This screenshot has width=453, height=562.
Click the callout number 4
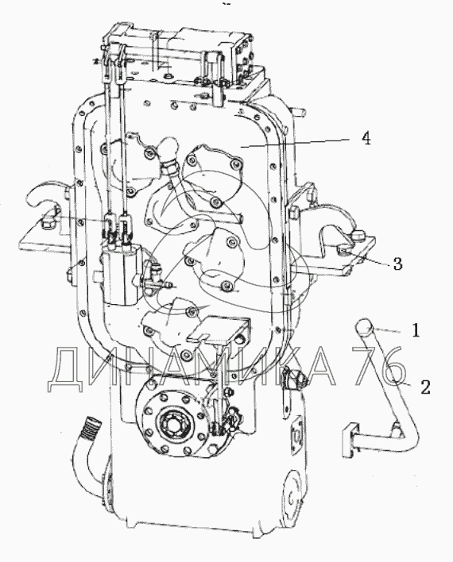pos(366,138)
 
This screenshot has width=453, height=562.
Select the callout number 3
pos(397,264)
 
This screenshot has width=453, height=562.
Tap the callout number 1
pos(416,330)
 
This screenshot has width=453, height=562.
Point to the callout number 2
pos(425,387)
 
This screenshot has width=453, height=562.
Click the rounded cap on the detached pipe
pos(365,327)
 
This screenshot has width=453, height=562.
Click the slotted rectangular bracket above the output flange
pos(219,328)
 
